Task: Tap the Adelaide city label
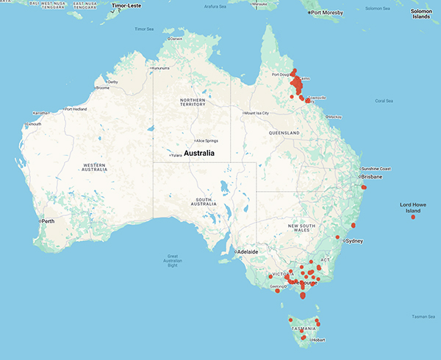pyautogui.click(x=246, y=251)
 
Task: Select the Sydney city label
pyautogui.click(x=354, y=241)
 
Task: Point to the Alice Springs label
pyautogui.click(x=206, y=140)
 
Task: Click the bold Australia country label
pyautogui.click(x=199, y=154)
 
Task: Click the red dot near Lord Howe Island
pyautogui.click(x=413, y=217)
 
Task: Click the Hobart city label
pyautogui.click(x=318, y=341)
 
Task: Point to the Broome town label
pyautogui.click(x=102, y=87)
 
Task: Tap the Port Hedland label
pyautogui.click(x=77, y=109)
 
